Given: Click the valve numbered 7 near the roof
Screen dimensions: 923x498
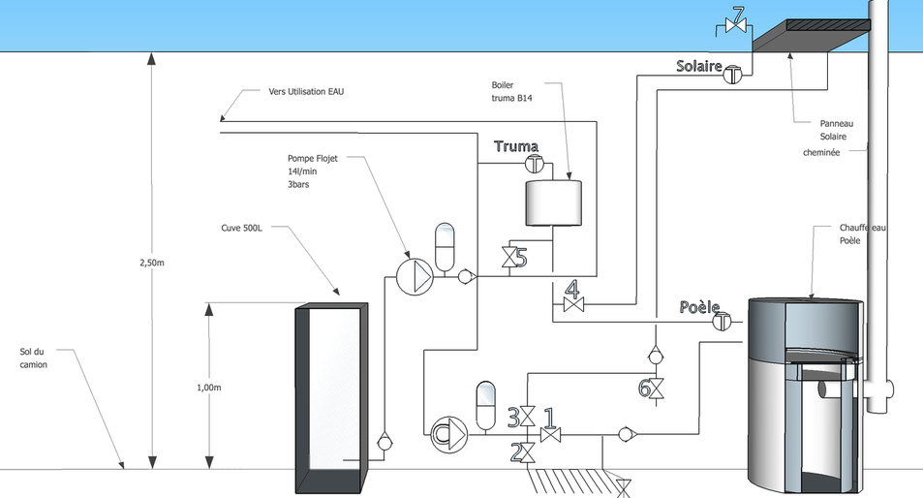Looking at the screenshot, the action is click(x=735, y=25).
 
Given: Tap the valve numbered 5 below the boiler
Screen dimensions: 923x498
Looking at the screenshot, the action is click(x=508, y=258).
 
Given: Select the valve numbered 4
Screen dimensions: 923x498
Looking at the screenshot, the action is click(x=572, y=304).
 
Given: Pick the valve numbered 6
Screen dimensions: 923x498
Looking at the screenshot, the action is click(x=656, y=389).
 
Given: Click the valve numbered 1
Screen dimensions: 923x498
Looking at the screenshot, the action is click(x=550, y=435).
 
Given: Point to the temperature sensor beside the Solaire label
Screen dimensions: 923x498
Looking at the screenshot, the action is click(x=732, y=75).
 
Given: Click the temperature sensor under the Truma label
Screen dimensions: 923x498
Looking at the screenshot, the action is click(x=534, y=164).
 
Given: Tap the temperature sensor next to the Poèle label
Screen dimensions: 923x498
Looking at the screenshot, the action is click(x=723, y=322).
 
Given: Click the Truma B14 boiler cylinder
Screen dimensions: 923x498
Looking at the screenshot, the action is click(x=553, y=202).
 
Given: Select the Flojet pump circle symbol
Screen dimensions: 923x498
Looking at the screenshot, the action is click(x=415, y=276).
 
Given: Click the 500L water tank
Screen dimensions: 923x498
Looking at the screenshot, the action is click(x=331, y=398).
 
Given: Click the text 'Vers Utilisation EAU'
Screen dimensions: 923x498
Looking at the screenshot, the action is click(x=306, y=92).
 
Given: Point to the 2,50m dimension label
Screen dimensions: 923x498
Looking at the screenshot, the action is click(x=152, y=264).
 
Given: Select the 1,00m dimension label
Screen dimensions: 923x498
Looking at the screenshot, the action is click(x=209, y=388).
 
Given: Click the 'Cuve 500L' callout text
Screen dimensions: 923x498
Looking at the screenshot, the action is click(x=241, y=228).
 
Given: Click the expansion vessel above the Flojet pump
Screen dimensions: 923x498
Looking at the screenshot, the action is click(x=445, y=247).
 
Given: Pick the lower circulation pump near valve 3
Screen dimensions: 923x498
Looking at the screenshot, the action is click(x=449, y=434).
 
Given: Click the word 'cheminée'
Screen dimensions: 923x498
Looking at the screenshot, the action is click(x=821, y=152).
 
